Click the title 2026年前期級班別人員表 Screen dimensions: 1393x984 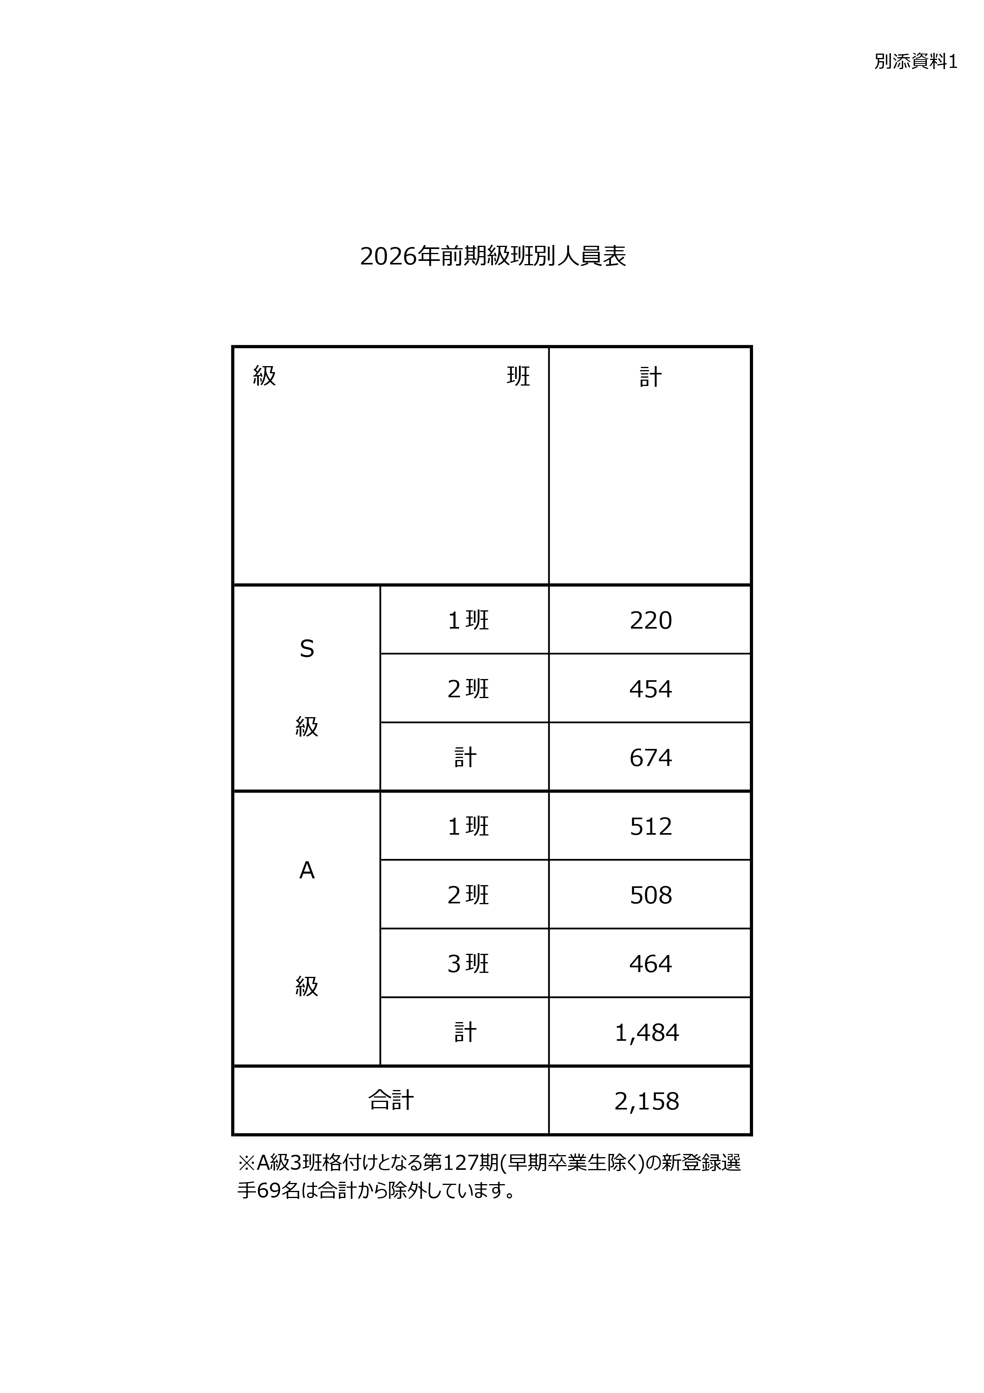click(492, 257)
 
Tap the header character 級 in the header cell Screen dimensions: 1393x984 click(264, 376)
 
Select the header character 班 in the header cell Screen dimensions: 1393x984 click(518, 376)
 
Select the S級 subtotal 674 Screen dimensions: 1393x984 click(651, 758)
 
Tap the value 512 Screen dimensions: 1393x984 click(651, 826)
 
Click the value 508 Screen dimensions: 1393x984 click(651, 895)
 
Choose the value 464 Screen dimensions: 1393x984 click(651, 963)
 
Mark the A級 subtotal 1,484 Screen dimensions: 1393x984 click(647, 1032)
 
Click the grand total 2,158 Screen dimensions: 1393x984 click(647, 1101)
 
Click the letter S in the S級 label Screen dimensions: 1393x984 click(307, 649)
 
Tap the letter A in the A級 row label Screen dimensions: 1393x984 click(307, 870)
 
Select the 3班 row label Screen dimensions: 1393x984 click(468, 963)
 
